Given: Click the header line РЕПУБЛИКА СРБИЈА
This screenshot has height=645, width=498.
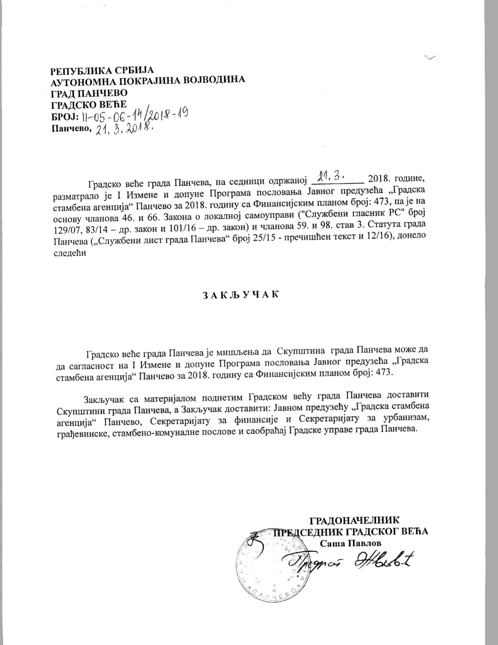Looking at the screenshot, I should (102, 71).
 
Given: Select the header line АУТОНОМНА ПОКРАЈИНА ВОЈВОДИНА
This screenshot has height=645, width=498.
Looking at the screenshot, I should (148, 81).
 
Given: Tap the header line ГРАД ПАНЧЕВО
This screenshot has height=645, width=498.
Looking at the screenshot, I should (89, 94).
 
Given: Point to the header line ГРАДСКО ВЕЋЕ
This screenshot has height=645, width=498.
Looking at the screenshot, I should (89, 104).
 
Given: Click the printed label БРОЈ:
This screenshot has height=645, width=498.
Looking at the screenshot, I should (64, 117).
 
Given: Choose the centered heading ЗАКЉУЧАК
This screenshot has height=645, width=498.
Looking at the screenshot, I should (241, 295).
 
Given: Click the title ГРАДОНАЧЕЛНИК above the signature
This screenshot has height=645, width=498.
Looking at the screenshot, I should (354, 520).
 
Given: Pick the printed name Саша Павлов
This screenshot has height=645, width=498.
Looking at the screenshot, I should (350, 543).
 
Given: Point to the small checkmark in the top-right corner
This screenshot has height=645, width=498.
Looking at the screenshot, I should (430, 58).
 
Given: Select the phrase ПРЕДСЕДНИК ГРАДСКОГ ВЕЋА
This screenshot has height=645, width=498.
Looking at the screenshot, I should (350, 531).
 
